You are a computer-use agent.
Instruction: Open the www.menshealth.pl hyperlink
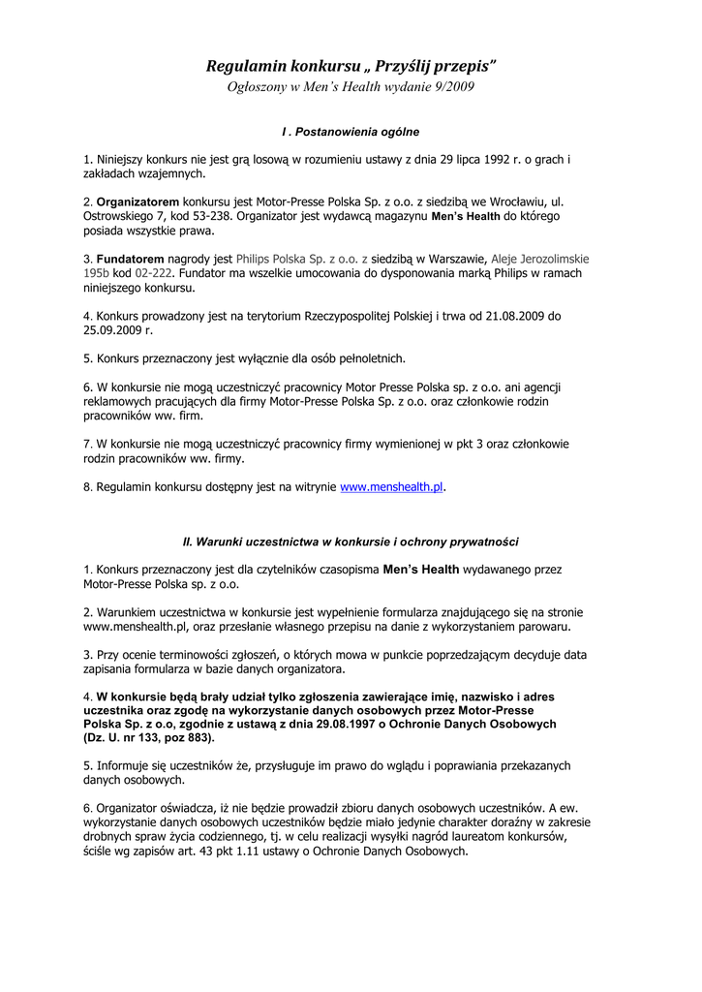pyautogui.click(x=391, y=487)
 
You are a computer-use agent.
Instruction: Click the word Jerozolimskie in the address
pyautogui.click(x=554, y=259)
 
